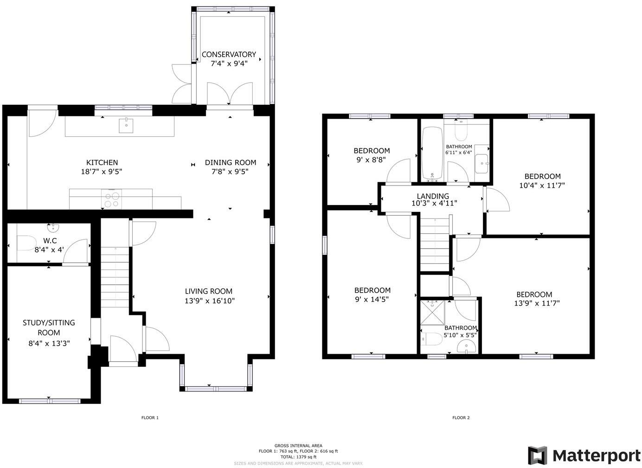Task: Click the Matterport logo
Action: coord(584,455)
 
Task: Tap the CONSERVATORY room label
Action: coord(229,54)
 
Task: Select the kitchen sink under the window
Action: coord(126,125)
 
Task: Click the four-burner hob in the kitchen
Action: coord(111,199)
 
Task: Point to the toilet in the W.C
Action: coord(26,243)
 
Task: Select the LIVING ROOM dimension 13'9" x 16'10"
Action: coord(209,301)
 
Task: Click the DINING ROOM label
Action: coord(231,162)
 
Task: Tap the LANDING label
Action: coord(432,196)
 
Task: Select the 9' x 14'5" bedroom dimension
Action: coord(372,300)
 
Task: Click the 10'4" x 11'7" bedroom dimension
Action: coord(542,185)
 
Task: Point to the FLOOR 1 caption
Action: coord(150,418)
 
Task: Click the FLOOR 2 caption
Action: coord(461,418)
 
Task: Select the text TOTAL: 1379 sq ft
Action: coord(298,457)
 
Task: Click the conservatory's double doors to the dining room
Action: coord(230,95)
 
